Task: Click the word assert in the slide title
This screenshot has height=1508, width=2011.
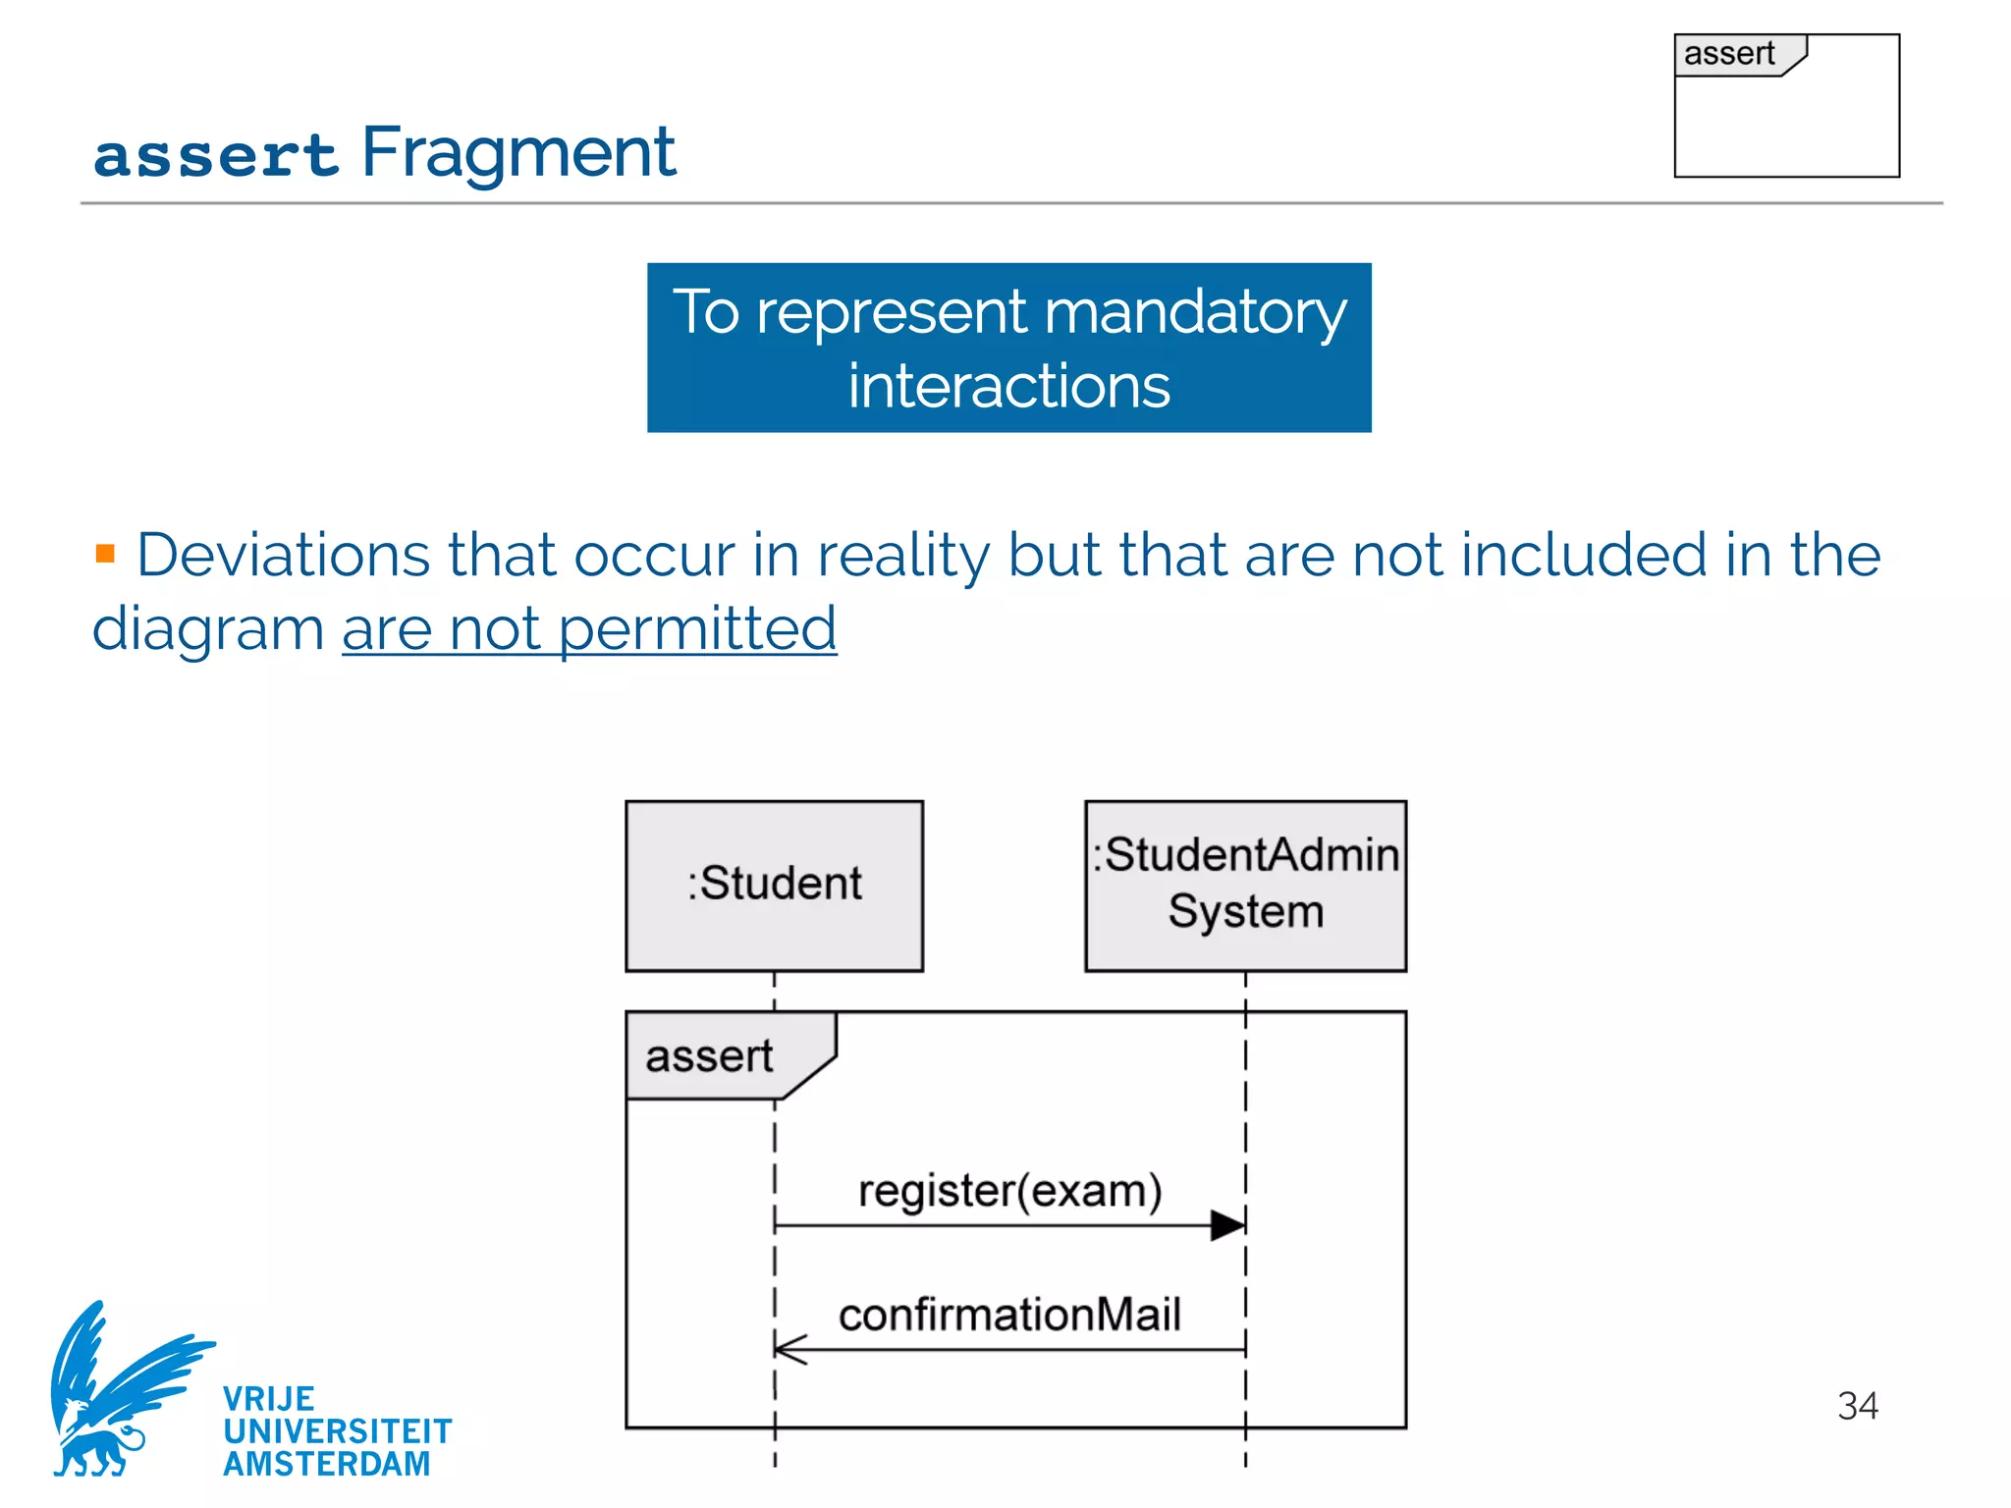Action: [215, 156]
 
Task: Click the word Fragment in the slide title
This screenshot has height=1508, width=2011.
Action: [518, 153]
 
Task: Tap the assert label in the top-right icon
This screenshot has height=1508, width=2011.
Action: [1729, 54]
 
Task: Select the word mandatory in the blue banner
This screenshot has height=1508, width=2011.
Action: [1195, 313]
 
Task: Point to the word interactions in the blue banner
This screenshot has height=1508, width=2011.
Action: [1008, 386]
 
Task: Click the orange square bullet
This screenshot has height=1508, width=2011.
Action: [106, 554]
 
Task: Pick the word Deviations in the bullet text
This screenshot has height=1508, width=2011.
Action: [283, 555]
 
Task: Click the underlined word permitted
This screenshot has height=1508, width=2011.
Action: [697, 628]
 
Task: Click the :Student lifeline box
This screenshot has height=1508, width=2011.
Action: [774, 886]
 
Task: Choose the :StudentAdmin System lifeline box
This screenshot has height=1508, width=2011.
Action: [1245, 886]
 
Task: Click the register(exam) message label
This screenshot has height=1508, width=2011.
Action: [1009, 1191]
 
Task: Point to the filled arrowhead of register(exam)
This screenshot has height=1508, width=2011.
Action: [1228, 1225]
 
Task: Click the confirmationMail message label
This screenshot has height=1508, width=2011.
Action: [1009, 1315]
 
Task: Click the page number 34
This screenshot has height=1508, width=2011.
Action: [1857, 1406]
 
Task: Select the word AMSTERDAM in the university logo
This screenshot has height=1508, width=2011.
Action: [327, 1464]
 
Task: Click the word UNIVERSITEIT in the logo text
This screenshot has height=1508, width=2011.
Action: [338, 1431]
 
